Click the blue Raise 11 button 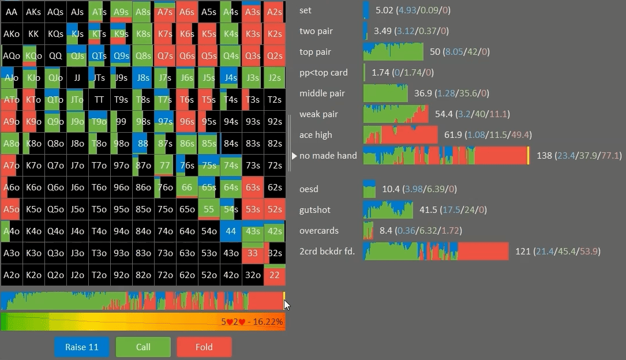click(x=82, y=347)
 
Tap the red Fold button click(x=204, y=347)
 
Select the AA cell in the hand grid click(x=12, y=12)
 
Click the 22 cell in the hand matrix click(x=274, y=275)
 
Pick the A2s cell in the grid click(x=274, y=12)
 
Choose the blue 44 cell click(x=230, y=231)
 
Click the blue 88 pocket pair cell click(x=143, y=144)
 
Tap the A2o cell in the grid click(x=12, y=275)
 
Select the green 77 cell click(x=164, y=166)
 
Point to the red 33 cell click(x=252, y=253)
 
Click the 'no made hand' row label click(x=328, y=156)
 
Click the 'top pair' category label click(x=315, y=52)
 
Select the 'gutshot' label click(x=315, y=210)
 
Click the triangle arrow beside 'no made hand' click(x=294, y=156)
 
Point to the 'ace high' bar click(x=400, y=135)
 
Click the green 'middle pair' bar click(x=385, y=93)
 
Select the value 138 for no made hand click(x=544, y=156)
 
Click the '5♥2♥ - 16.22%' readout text click(x=252, y=322)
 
